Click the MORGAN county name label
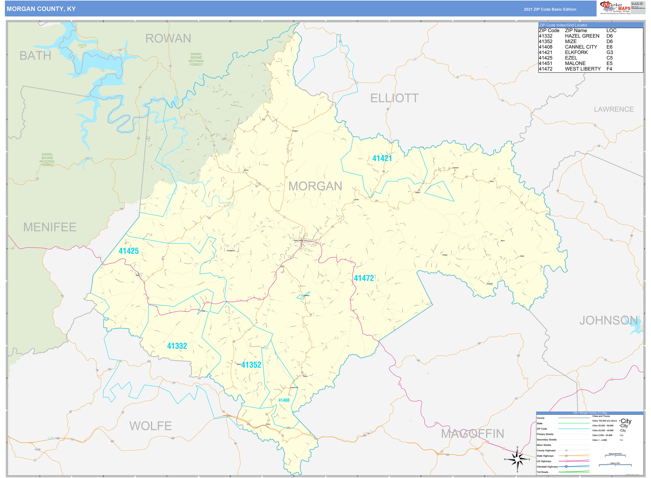(315, 186)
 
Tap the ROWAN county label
(168, 38)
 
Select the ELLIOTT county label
(394, 98)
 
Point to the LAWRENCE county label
(614, 109)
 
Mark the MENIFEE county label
(50, 227)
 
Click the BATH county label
(35, 56)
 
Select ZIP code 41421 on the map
(382, 158)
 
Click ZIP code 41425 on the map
(129, 251)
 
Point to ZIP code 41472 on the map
(364, 278)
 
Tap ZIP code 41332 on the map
(177, 346)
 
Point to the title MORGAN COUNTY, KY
(41, 9)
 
